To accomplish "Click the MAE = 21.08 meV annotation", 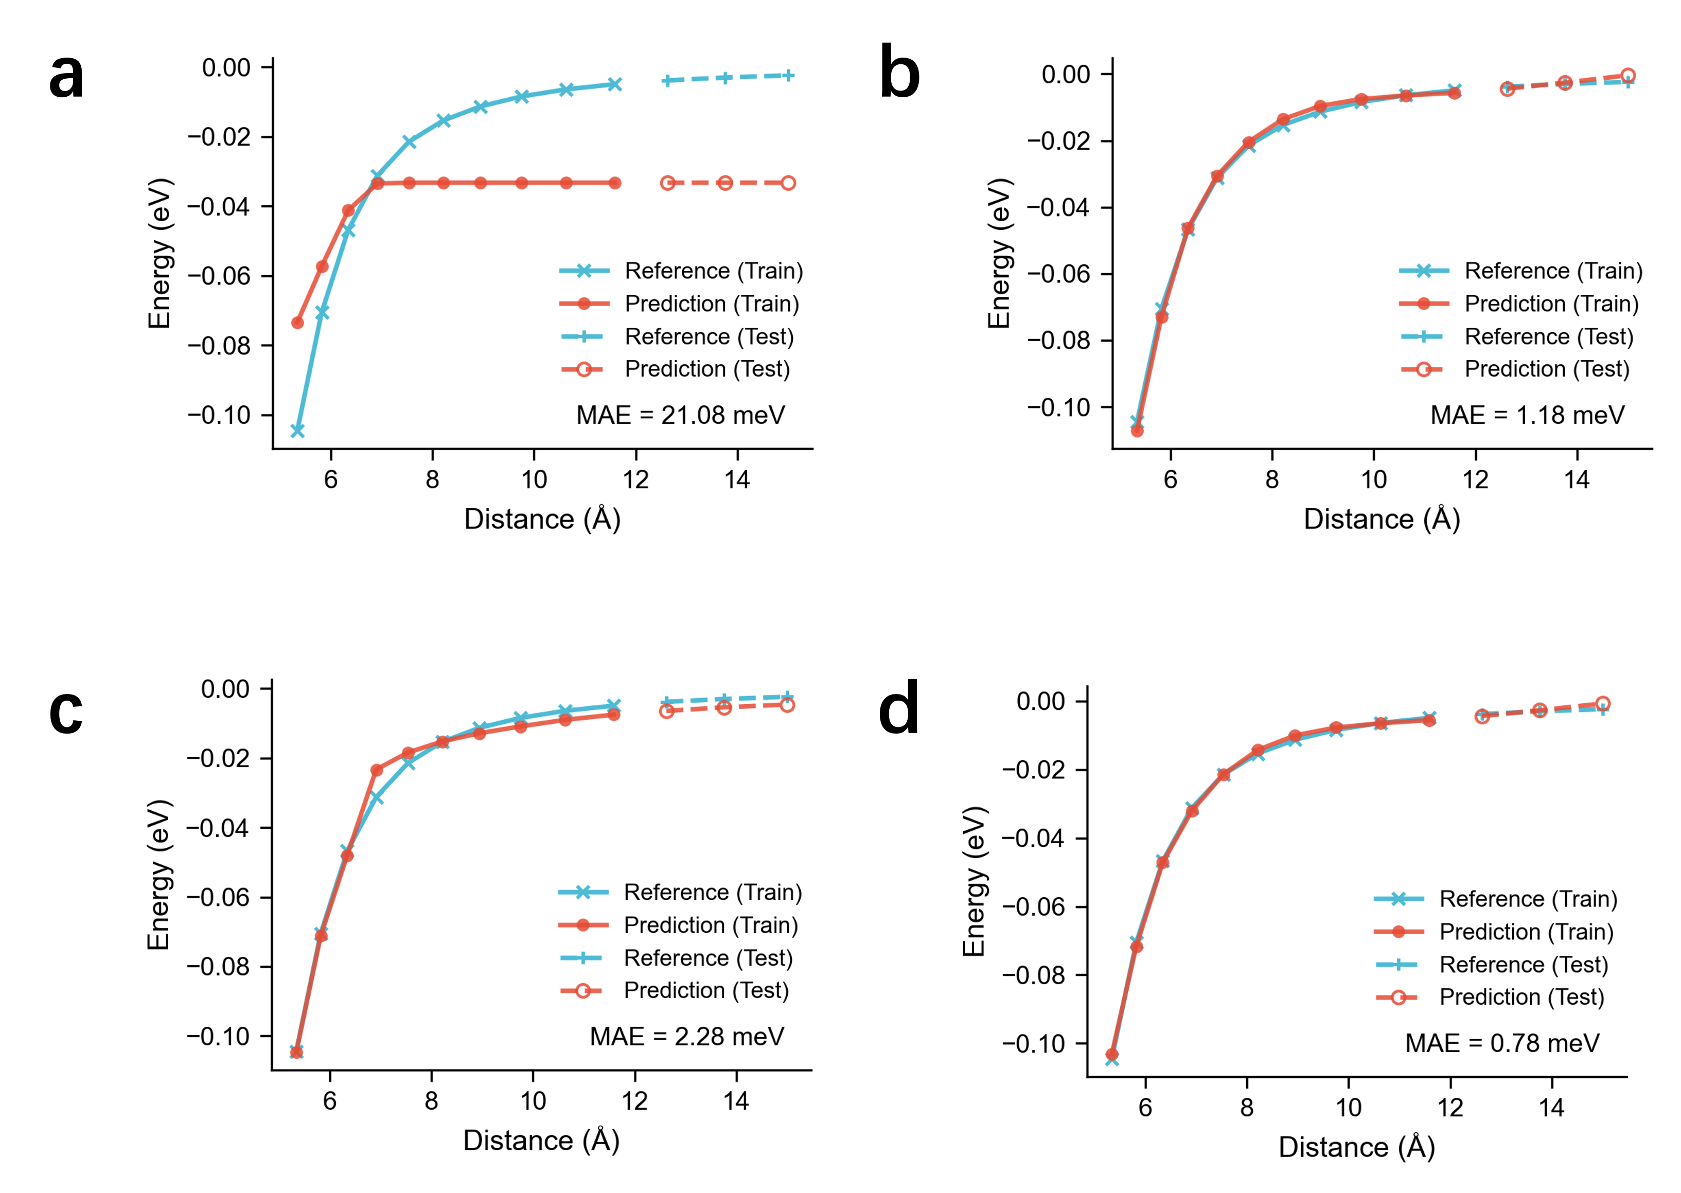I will click(x=680, y=416).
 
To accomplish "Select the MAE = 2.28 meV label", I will click(x=686, y=1037).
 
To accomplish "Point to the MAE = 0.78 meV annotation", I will click(x=1502, y=1043).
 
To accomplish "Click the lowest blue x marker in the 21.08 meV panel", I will click(x=297, y=431).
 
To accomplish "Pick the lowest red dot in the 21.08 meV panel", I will click(x=297, y=323).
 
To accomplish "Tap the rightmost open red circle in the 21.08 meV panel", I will click(x=788, y=183).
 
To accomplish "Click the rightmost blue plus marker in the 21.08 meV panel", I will click(x=788, y=76).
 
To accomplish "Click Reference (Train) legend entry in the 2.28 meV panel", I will click(x=712, y=893).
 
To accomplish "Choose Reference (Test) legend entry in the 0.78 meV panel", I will click(x=1523, y=965).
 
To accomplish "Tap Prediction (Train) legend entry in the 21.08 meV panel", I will click(x=711, y=304).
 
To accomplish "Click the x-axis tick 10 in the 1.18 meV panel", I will click(x=1373, y=479).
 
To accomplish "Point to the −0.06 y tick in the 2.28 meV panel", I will click(x=218, y=897).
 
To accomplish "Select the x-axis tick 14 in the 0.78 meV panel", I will click(x=1551, y=1108).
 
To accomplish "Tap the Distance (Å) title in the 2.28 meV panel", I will click(x=541, y=1140).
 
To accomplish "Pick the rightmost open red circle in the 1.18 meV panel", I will click(x=1627, y=76).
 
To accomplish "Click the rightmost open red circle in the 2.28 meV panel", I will click(x=787, y=705).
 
